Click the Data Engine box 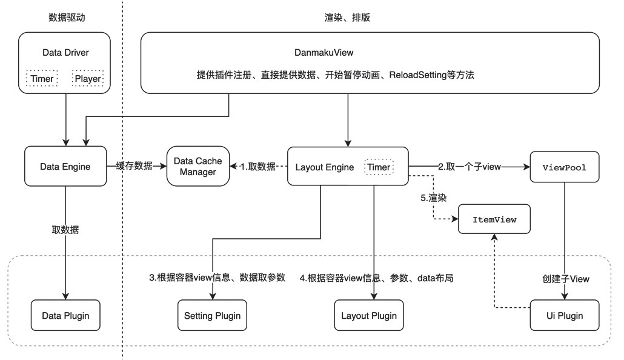(x=65, y=166)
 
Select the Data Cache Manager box (x=198, y=166)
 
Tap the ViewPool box (x=564, y=167)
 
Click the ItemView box (x=494, y=219)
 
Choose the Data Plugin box (x=65, y=315)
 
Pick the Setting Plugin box (x=212, y=315)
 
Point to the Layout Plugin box (x=369, y=315)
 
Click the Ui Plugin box (x=564, y=315)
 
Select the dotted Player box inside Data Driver (x=87, y=79)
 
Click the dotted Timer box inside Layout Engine (x=379, y=167)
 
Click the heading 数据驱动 (x=67, y=18)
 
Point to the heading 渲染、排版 (x=347, y=18)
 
